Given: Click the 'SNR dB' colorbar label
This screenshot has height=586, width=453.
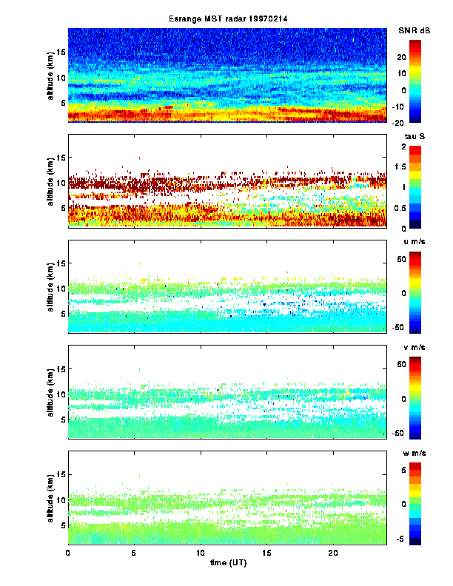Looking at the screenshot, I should tap(414, 30).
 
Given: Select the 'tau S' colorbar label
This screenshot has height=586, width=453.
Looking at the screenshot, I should tap(412, 136).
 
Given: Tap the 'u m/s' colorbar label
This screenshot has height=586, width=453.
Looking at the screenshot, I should tap(413, 242).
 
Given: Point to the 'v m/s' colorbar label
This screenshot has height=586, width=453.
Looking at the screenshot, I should tap(413, 348).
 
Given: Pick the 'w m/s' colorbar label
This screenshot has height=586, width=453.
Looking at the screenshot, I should tap(413, 452).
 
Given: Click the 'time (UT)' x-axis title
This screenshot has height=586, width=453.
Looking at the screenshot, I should tap(226, 563).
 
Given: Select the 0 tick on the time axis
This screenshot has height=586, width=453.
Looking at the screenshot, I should tap(68, 553).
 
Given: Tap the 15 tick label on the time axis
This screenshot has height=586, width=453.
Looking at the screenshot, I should tap(266, 553).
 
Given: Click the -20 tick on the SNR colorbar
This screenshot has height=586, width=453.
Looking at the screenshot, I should tap(416, 123).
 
